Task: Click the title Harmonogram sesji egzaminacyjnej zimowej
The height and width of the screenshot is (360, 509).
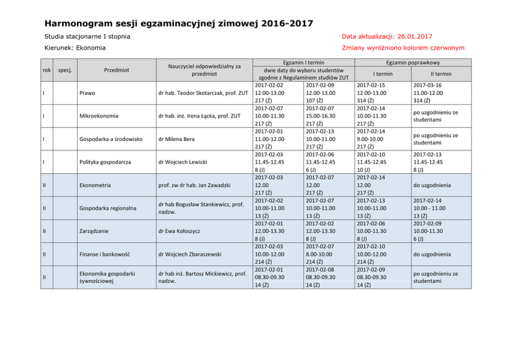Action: click(179, 24)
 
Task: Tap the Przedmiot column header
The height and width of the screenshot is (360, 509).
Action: click(116, 70)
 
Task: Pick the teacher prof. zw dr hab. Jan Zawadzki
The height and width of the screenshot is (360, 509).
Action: click(194, 185)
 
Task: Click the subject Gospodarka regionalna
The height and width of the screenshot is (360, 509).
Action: click(107, 208)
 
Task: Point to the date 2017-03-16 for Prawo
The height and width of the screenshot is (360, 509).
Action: click(427, 85)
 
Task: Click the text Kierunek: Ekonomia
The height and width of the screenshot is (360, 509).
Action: click(75, 48)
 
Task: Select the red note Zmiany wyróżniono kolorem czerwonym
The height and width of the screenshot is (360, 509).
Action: click(403, 48)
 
